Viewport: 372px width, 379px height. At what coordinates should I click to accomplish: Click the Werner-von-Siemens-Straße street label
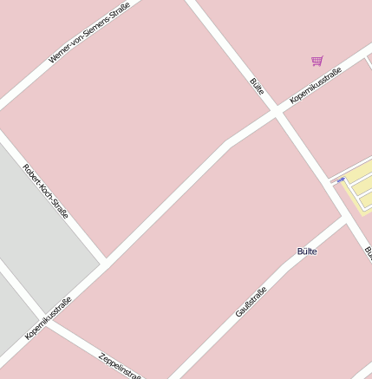[x=89, y=33]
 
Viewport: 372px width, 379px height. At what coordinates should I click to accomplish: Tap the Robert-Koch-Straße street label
[x=45, y=191]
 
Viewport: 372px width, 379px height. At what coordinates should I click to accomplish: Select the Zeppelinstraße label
[x=120, y=366]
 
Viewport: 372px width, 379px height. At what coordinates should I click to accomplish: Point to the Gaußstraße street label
[x=251, y=302]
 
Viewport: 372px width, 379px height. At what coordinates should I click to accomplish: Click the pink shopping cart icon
[x=317, y=61]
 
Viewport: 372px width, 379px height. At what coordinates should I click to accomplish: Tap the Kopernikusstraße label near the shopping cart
[x=316, y=85]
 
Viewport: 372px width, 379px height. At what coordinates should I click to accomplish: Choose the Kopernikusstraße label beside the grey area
[x=48, y=318]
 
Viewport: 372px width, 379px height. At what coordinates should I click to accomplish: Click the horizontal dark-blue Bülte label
[x=307, y=252]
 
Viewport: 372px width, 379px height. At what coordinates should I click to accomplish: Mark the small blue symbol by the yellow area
[x=341, y=180]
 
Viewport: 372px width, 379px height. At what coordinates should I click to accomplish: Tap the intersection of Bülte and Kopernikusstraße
[x=276, y=111]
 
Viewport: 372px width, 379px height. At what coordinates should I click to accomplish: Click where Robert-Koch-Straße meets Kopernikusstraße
[x=104, y=259]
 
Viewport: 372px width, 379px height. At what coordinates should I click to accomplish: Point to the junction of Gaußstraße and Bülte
[x=347, y=219]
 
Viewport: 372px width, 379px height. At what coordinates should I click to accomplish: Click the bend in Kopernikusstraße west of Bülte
[x=229, y=141]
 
